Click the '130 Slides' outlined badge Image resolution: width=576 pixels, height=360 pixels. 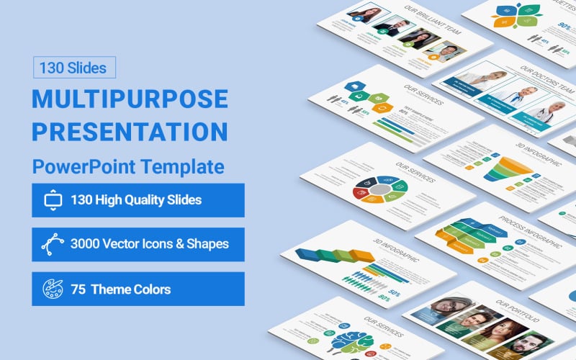tap(73, 68)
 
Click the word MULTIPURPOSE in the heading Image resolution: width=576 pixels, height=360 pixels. tap(130, 99)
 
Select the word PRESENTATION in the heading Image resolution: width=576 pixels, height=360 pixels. tap(130, 131)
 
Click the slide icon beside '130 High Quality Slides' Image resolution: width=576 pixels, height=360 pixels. tap(53, 200)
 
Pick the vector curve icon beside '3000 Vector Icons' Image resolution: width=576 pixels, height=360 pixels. tap(53, 244)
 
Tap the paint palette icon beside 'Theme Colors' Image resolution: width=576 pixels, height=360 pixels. tap(53, 289)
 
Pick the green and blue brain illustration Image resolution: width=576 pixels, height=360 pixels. tap(353, 342)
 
